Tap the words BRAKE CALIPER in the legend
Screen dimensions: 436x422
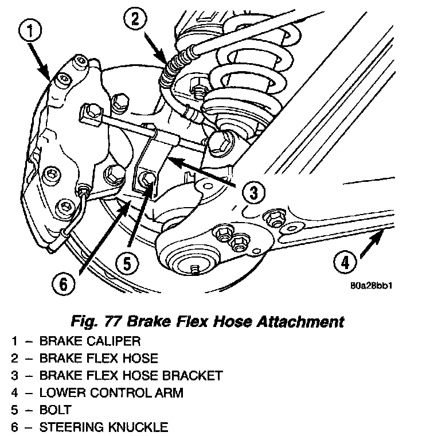click(x=90, y=341)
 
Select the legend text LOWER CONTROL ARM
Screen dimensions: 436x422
click(x=103, y=393)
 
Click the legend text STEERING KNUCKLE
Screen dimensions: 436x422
click(x=103, y=427)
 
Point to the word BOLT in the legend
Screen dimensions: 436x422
click(x=56, y=410)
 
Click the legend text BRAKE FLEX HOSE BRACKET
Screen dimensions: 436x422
click(x=130, y=376)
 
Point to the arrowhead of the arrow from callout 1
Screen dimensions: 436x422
click(x=49, y=75)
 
